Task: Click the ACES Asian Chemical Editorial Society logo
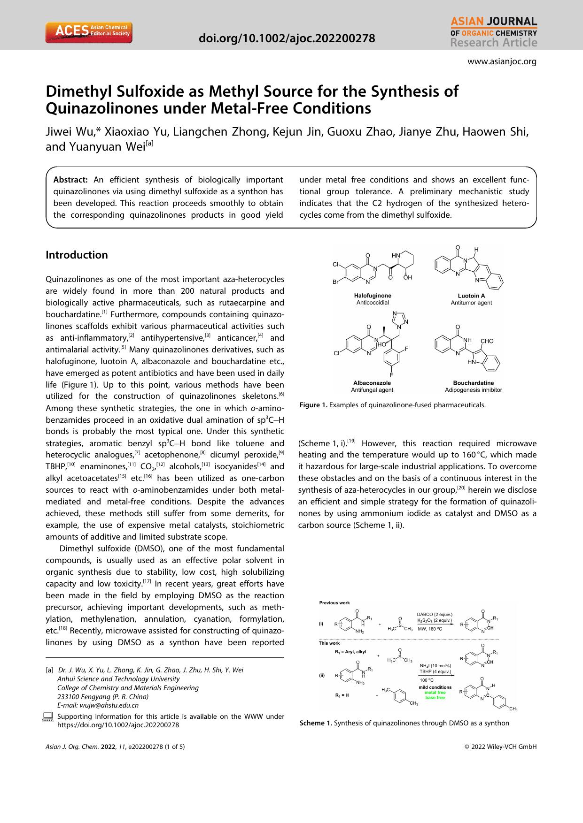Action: (x=88, y=32)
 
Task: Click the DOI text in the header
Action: (x=287, y=38)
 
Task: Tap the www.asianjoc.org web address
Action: (x=502, y=61)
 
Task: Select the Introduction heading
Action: (x=77, y=255)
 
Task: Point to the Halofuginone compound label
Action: (x=373, y=296)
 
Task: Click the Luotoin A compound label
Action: (x=471, y=296)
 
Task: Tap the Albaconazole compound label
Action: (x=372, y=383)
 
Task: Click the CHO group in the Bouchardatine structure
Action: (x=487, y=341)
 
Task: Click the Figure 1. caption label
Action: (x=313, y=404)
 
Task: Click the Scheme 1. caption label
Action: (x=316, y=723)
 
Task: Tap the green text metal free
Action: (x=435, y=693)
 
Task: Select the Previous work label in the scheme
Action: (x=334, y=603)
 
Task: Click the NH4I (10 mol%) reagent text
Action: (x=435, y=665)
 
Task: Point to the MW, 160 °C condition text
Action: (x=430, y=628)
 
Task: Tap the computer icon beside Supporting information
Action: (x=47, y=716)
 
